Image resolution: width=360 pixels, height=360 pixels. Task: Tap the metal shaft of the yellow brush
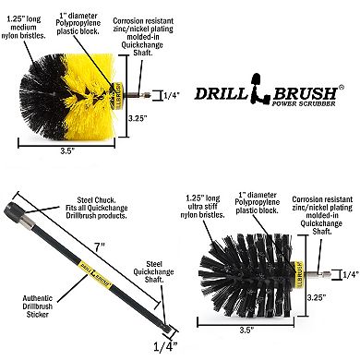(147, 94)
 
